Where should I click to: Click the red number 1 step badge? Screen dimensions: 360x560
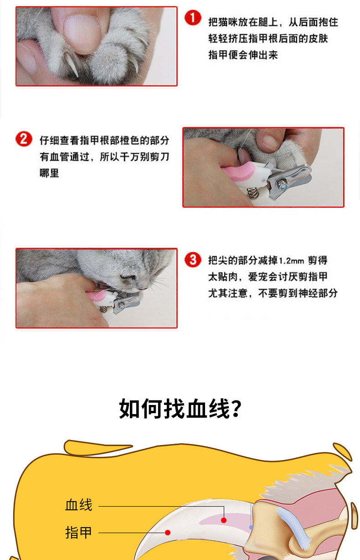[193, 18]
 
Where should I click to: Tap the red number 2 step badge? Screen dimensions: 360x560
[24, 139]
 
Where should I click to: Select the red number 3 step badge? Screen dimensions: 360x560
[193, 259]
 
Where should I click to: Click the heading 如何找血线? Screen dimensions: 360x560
[180, 409]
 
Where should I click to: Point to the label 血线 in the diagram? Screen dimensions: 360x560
[79, 505]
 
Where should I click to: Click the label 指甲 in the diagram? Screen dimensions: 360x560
[79, 533]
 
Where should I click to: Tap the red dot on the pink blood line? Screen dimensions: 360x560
[224, 520]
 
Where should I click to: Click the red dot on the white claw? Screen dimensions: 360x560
[168, 533]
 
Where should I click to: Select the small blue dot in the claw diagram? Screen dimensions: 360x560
[251, 527]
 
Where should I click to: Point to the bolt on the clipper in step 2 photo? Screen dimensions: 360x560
[283, 185]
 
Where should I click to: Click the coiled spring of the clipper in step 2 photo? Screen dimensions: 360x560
[252, 193]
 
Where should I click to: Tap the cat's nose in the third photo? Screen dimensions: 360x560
[129, 277]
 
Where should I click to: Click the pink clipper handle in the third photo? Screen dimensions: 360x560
[96, 296]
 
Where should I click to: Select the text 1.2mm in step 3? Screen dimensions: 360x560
[291, 261]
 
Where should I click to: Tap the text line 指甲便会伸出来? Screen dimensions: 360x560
[243, 55]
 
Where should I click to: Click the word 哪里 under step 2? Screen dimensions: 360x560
[49, 173]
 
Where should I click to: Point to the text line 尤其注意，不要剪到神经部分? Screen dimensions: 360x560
[273, 293]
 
